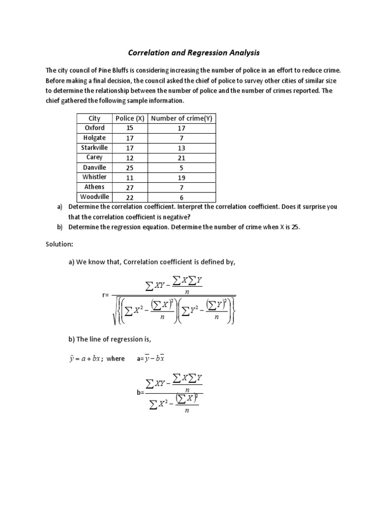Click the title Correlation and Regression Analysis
pyautogui.click(x=193, y=52)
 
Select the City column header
pyautogui.click(x=94, y=118)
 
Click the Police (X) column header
pyautogui.click(x=130, y=118)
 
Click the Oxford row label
pyautogui.click(x=94, y=128)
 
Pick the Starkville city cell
pyautogui.click(x=94, y=147)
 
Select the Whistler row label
pyautogui.click(x=94, y=177)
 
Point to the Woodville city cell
pyautogui.click(x=94, y=197)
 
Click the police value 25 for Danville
pyautogui.click(x=130, y=168)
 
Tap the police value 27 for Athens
pyautogui.click(x=130, y=187)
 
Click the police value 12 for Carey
pyautogui.click(x=130, y=158)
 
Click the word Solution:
pyautogui.click(x=60, y=244)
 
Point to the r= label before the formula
pyautogui.click(x=106, y=295)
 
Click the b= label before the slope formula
pyautogui.click(x=140, y=392)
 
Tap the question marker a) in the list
pyautogui.click(x=60, y=207)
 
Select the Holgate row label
pyautogui.click(x=94, y=137)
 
